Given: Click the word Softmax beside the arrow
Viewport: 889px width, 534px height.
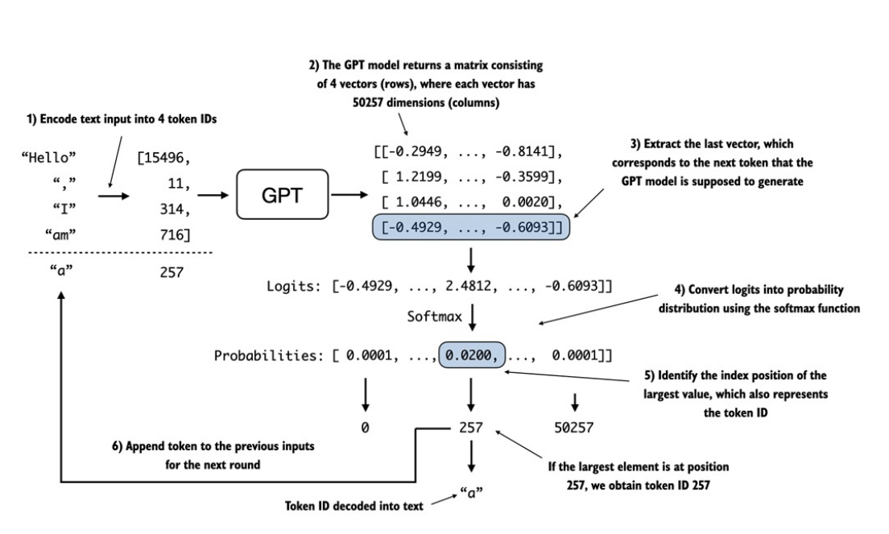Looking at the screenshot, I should (435, 317).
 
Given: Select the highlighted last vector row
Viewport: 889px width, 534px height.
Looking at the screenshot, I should (472, 230).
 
